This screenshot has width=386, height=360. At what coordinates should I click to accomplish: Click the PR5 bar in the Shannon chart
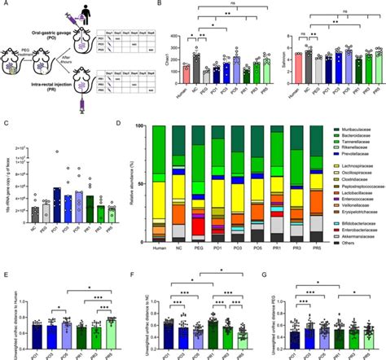(376, 71)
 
